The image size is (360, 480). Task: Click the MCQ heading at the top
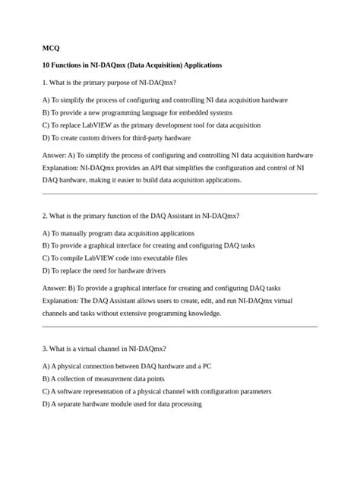click(x=51, y=48)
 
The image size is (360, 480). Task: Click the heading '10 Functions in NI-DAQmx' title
click(x=132, y=65)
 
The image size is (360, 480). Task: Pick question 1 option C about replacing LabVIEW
click(x=151, y=125)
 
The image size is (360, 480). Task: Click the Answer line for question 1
click(x=177, y=154)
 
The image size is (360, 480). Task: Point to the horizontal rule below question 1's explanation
click(x=180, y=194)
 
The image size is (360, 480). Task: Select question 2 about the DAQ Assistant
click(x=141, y=216)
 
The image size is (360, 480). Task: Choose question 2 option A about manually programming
click(x=118, y=233)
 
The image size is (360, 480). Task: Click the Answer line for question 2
click(x=161, y=288)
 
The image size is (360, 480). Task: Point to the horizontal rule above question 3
click(x=180, y=327)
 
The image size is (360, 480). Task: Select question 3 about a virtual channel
click(x=104, y=349)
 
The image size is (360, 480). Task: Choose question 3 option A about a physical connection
click(x=127, y=366)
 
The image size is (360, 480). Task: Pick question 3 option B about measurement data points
click(x=103, y=378)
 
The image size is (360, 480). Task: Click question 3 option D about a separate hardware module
click(x=122, y=404)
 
